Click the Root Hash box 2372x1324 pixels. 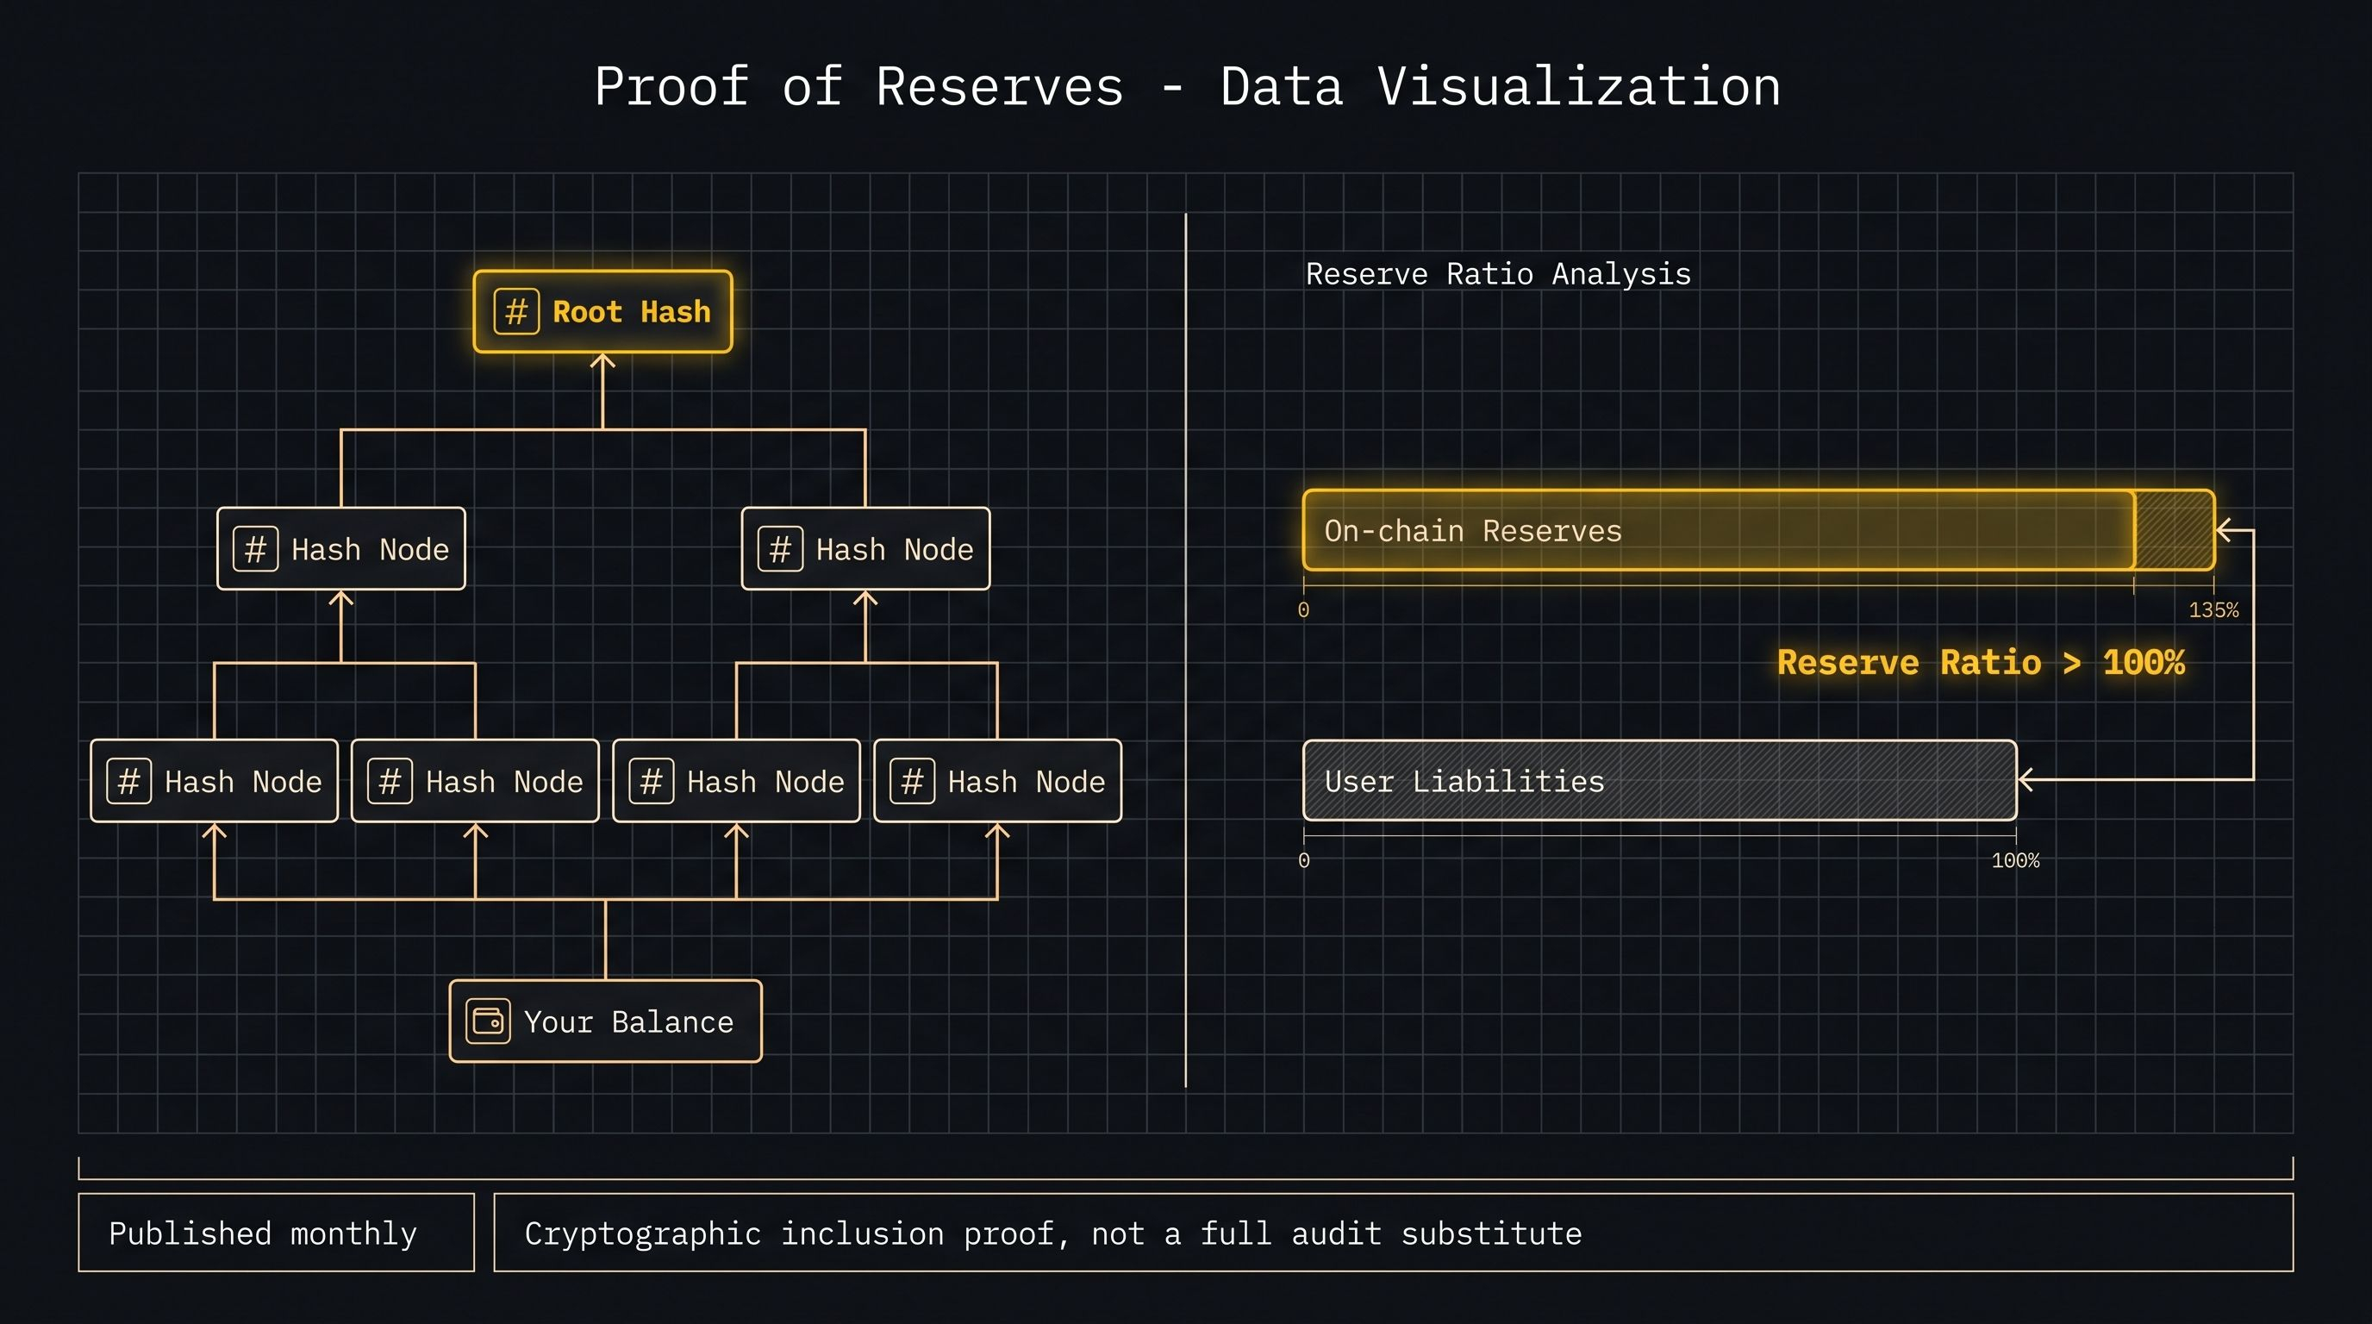(x=603, y=311)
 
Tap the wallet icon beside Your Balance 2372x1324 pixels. (x=488, y=1021)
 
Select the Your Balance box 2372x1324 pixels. (x=606, y=1021)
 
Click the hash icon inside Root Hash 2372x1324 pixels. (x=516, y=311)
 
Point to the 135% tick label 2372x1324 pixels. (x=2213, y=609)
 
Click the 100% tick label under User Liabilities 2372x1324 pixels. (x=2016, y=860)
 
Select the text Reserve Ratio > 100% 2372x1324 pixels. (x=1981, y=662)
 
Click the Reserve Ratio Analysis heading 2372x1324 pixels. (x=1498, y=273)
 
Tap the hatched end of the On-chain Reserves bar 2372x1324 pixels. (x=2174, y=530)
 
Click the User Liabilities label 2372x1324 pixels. (x=1464, y=781)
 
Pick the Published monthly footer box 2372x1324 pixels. (x=276, y=1233)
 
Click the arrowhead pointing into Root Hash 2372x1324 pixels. (x=603, y=362)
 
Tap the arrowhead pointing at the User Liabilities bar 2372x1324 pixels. (x=2025, y=780)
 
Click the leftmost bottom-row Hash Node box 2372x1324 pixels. (x=215, y=781)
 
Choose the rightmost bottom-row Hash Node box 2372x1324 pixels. (x=997, y=781)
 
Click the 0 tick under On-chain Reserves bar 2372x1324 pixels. (x=1304, y=609)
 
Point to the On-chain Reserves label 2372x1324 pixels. (x=1473, y=530)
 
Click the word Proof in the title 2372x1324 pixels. (x=671, y=86)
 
